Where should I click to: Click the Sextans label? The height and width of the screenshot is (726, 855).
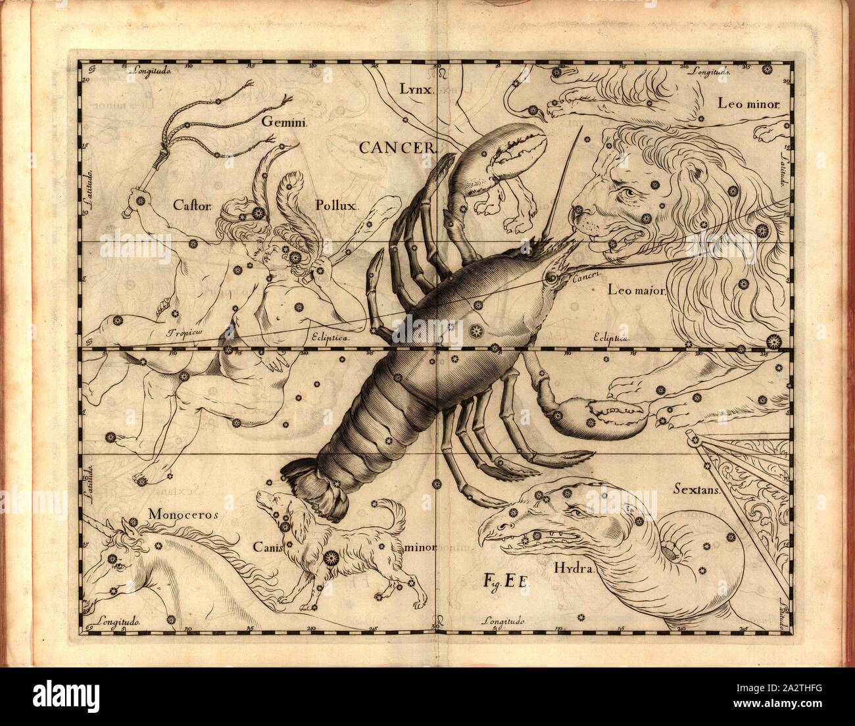pyautogui.click(x=698, y=489)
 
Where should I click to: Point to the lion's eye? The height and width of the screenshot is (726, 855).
pyautogui.click(x=629, y=193)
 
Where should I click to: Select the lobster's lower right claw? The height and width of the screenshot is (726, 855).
pyautogui.click(x=615, y=416)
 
